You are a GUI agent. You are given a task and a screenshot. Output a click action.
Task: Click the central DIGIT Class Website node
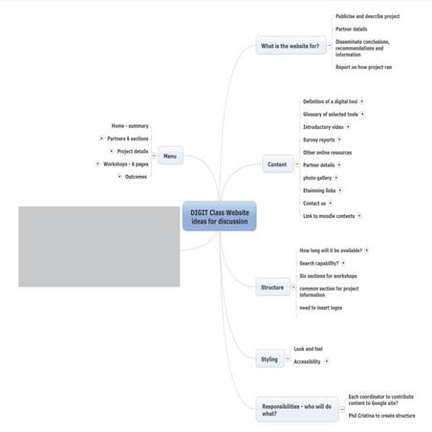[x=220, y=217]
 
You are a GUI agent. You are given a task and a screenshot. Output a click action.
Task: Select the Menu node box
[x=170, y=156]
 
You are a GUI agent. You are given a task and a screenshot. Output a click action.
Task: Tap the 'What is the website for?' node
[x=291, y=46]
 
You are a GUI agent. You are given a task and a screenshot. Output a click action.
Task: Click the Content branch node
[x=276, y=164]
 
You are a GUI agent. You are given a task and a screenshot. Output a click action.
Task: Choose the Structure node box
[x=272, y=287]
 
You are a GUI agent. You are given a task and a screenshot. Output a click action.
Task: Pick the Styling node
[x=270, y=359]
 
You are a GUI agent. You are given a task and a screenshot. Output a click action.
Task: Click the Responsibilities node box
[x=295, y=410]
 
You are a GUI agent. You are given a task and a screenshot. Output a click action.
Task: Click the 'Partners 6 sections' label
[x=128, y=139]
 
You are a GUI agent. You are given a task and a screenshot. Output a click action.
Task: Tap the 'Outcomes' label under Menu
[x=136, y=176]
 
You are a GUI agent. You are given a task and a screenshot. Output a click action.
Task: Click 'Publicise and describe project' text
[x=367, y=16]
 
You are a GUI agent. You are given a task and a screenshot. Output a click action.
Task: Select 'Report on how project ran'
[x=363, y=68]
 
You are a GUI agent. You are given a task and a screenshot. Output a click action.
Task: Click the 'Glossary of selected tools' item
[x=331, y=114]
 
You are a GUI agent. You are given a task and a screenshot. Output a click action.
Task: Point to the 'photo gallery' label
[x=319, y=178]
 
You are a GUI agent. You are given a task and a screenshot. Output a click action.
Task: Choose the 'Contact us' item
[x=314, y=203]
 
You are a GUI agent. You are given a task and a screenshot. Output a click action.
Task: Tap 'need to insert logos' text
[x=320, y=307]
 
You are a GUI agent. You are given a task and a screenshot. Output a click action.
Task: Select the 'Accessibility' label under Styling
[x=307, y=361]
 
